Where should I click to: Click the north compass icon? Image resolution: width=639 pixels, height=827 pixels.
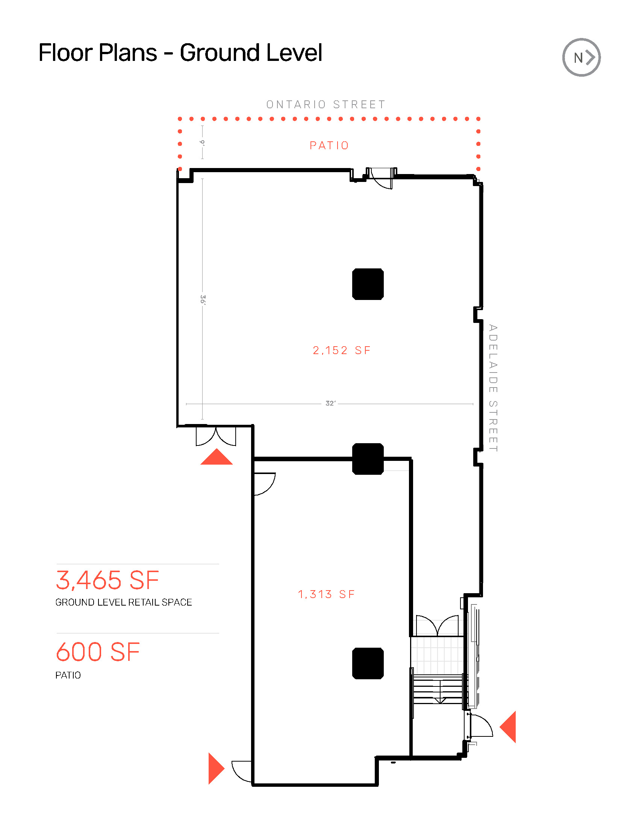point(581,58)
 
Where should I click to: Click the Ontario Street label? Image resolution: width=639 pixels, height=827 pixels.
point(326,105)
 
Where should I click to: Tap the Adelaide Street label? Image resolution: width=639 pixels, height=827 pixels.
point(492,388)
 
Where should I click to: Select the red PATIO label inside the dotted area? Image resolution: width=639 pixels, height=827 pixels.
point(329,145)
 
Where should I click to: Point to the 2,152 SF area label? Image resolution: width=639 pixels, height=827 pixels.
point(341,350)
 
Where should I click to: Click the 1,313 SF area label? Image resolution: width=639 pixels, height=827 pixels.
point(326,594)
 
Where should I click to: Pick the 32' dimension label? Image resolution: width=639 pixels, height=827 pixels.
point(330,403)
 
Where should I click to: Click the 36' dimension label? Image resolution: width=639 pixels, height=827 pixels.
point(203,300)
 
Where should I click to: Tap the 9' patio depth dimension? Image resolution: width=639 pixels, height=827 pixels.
point(203,142)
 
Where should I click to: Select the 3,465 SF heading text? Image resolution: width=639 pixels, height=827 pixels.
point(108,580)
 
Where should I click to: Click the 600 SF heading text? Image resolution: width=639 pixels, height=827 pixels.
point(98,652)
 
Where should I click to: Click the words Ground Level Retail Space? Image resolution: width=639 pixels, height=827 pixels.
point(123,603)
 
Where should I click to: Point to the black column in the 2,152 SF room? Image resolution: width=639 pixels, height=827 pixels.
point(368,284)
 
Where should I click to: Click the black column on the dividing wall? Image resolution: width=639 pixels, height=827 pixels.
point(368,459)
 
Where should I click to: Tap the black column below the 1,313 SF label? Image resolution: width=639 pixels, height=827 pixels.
point(368,663)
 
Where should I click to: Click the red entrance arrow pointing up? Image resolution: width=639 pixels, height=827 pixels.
point(216,457)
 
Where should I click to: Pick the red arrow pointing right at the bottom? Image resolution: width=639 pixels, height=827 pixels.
point(215,768)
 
